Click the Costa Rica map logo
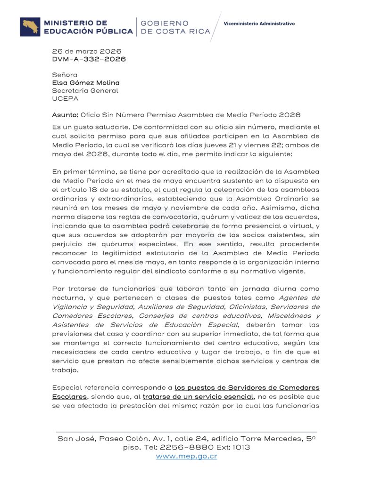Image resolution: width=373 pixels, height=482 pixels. tap(30, 27)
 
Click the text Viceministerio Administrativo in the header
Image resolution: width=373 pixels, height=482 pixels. tap(259, 23)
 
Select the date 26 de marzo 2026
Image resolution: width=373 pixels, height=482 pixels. tap(87, 51)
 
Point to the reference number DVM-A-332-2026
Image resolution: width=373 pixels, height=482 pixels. tap(89, 59)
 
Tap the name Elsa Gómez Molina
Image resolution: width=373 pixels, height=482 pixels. tap(86, 83)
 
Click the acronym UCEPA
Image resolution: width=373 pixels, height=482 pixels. tap(64, 99)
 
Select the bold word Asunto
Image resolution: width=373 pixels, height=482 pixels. tap(65, 114)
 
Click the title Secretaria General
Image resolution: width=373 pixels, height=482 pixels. tap(85, 91)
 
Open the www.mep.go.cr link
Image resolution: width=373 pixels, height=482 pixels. tap(186, 456)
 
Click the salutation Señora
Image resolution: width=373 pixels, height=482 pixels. tap(65, 75)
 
